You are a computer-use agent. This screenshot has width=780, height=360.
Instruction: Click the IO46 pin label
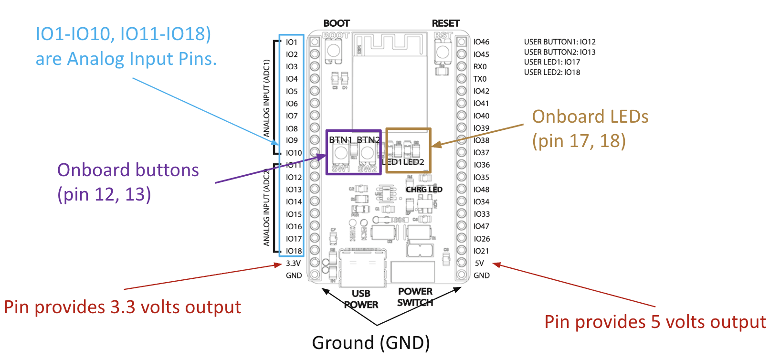tap(481, 42)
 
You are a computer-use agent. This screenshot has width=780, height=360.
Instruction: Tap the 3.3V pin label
tap(293, 263)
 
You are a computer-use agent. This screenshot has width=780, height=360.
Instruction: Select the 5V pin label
tap(479, 263)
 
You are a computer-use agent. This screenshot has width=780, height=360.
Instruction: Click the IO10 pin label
tap(294, 153)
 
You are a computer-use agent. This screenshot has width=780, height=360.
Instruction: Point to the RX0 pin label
tap(480, 67)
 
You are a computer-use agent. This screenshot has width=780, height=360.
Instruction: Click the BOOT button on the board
tap(333, 51)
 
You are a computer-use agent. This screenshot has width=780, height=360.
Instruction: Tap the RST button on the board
tap(443, 52)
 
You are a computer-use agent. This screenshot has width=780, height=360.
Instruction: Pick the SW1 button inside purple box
tap(341, 153)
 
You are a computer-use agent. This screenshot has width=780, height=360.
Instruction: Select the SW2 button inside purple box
tap(367, 153)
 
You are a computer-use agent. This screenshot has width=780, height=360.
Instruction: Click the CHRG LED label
tap(424, 190)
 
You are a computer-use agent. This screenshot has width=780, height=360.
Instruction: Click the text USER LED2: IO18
tap(552, 73)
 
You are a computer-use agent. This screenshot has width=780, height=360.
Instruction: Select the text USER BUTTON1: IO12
tap(559, 42)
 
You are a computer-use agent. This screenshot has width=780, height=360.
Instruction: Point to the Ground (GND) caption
tap(371, 343)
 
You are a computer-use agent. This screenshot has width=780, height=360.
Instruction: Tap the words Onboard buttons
tap(128, 170)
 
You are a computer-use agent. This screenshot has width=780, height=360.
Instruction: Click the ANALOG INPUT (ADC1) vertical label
tap(267, 98)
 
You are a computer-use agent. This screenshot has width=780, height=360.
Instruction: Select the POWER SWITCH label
tap(415, 297)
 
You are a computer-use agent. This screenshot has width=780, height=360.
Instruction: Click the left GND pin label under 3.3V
tap(294, 275)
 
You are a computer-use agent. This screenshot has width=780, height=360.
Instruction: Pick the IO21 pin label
tap(481, 251)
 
